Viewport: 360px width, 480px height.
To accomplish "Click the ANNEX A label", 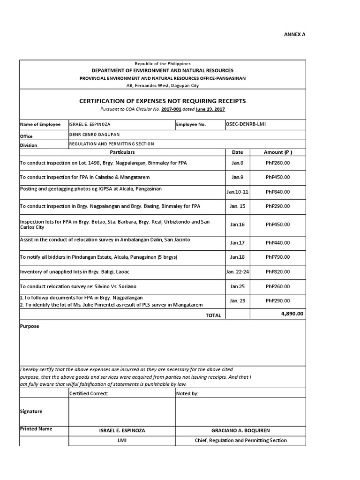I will point(296,34).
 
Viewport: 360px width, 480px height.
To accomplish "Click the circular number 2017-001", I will point(171,109).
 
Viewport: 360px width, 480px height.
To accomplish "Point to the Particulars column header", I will point(122,152).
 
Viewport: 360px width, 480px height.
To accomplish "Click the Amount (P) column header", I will point(277,152).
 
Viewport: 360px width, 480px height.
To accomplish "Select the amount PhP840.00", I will point(277,192).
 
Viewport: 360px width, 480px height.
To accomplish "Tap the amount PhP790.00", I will point(277,257).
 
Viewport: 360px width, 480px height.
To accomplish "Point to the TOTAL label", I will point(213,315).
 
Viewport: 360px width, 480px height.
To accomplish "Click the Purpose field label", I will point(30,326).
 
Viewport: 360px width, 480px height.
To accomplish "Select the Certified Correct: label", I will point(89,394).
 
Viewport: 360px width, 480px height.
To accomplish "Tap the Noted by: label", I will point(187,394).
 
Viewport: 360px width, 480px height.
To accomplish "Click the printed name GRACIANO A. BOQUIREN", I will point(240,430).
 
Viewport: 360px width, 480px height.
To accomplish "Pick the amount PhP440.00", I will point(277,243).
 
